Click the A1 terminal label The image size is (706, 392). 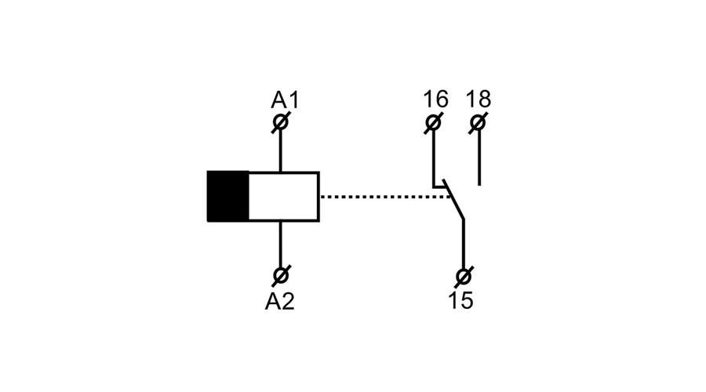[x=285, y=100]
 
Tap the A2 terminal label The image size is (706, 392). [x=279, y=301]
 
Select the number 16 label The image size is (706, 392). [x=435, y=99]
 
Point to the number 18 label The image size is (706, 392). [x=478, y=99]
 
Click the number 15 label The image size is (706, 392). [x=460, y=300]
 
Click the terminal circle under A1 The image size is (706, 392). [x=281, y=122]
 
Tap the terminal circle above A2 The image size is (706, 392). [x=281, y=275]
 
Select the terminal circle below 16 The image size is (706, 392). [x=433, y=123]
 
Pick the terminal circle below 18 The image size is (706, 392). [x=478, y=123]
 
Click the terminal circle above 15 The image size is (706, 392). [x=464, y=277]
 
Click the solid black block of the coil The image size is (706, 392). [x=227, y=196]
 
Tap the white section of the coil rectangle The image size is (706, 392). [x=284, y=197]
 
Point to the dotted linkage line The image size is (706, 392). [x=385, y=197]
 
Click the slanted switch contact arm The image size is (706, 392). [x=453, y=199]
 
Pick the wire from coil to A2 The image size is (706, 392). [x=281, y=244]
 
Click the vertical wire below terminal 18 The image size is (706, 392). [x=479, y=158]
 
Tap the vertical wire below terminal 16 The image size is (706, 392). [x=434, y=159]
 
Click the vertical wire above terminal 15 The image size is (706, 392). [x=464, y=244]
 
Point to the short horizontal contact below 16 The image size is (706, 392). [x=439, y=186]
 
